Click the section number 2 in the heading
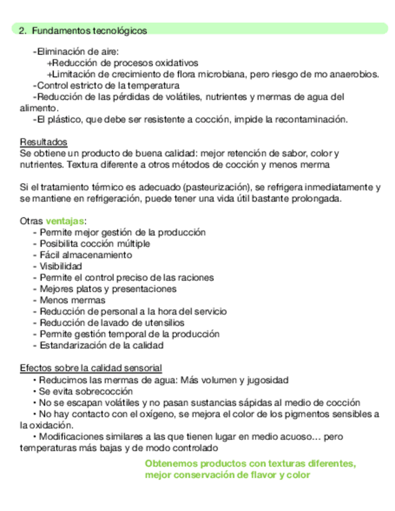pyautogui.click(x=22, y=30)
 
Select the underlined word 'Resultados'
pyautogui.click(x=43, y=142)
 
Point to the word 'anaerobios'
pyautogui.click(x=355, y=74)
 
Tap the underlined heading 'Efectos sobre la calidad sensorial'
pyautogui.click(x=90, y=368)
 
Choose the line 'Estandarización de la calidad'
pyautogui.click(x=102, y=345)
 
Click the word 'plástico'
pyautogui.click(x=64, y=119)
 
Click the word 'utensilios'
pyautogui.click(x=164, y=322)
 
